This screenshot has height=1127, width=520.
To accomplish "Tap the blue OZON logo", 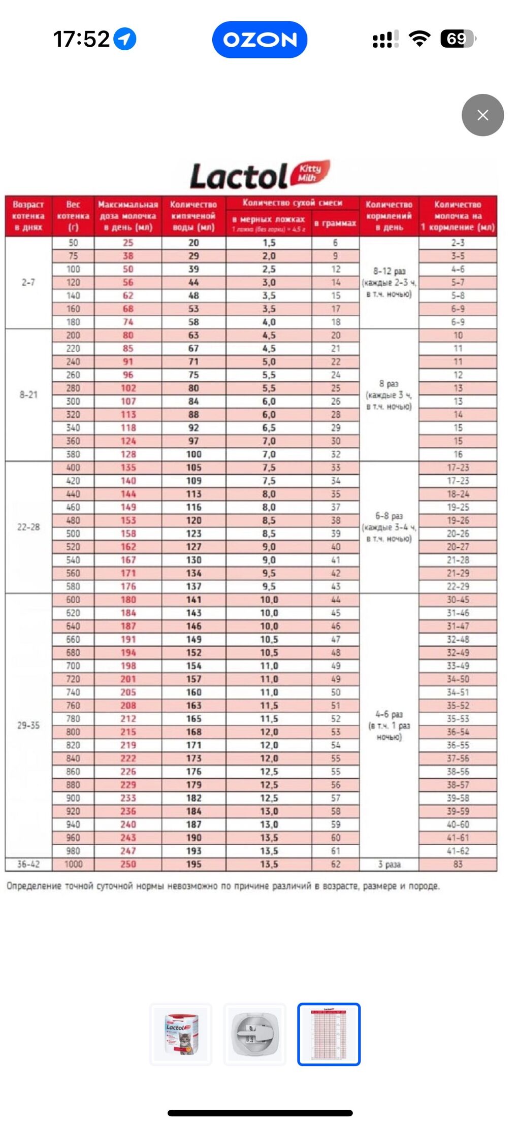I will [259, 40].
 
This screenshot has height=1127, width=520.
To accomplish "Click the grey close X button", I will [482, 115].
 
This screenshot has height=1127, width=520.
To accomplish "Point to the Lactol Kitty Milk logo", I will [259, 176].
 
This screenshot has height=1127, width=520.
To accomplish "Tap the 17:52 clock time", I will [81, 39].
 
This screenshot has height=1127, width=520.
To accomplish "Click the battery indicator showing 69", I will [458, 39].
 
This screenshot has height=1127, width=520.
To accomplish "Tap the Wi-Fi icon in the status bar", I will [419, 39].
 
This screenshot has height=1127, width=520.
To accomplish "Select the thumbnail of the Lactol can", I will [181, 1034].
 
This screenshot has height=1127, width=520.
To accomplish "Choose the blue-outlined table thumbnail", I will [329, 1034].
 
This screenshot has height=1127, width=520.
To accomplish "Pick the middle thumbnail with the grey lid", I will [255, 1034].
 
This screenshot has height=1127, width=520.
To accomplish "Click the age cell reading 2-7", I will [28, 282].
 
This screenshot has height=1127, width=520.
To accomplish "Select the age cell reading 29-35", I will [28, 725].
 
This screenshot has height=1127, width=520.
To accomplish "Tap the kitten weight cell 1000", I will [73, 864].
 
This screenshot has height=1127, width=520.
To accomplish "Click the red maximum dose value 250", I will [128, 864].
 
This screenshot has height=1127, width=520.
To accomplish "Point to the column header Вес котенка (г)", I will [73, 216].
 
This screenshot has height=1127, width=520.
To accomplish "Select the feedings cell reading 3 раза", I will [389, 864].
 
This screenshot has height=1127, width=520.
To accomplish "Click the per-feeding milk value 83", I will [458, 864].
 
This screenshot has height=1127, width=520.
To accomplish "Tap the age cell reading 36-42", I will [28, 864].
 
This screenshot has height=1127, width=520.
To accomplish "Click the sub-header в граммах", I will [335, 223].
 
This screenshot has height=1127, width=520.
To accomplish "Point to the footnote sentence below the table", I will [223, 886].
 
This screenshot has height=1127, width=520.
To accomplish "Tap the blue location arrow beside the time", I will [125, 39].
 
